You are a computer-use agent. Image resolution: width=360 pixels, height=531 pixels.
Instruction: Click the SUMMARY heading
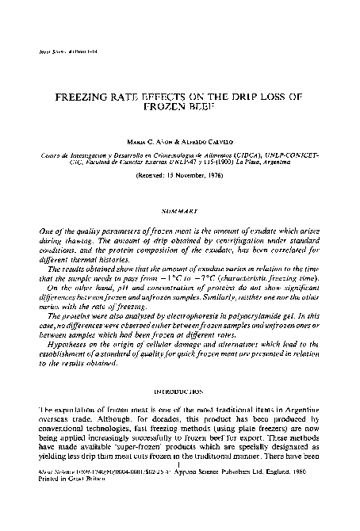180,211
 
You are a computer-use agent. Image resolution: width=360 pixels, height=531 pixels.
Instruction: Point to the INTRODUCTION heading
180,392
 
